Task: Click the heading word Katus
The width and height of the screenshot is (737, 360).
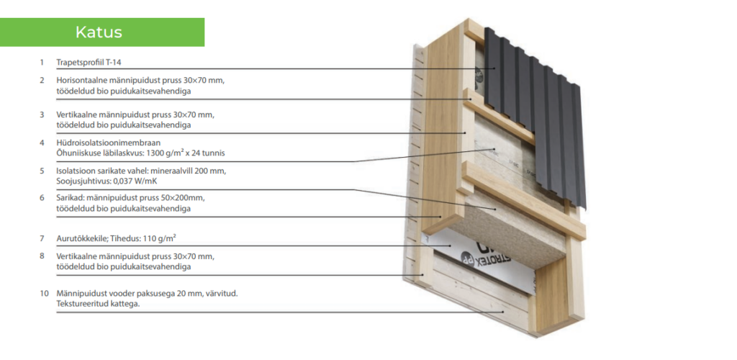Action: [x=99, y=32]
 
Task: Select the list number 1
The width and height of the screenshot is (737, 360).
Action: [x=42, y=62]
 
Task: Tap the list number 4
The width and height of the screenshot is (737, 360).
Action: [x=42, y=143]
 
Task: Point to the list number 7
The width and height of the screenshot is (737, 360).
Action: [x=42, y=238]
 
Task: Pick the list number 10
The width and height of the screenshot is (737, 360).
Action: [x=43, y=293]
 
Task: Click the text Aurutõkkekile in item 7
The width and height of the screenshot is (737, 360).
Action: [x=81, y=238]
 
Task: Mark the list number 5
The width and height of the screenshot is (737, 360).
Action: [x=42, y=171]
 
